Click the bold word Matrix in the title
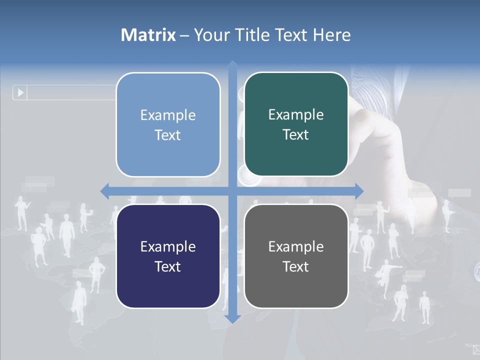[148, 35]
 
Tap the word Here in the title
[331, 35]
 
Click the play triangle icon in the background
[20, 92]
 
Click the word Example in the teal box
[296, 115]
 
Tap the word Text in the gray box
[296, 267]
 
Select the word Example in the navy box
[168, 246]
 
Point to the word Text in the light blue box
[168, 135]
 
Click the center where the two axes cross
[233, 191]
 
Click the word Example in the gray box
[296, 246]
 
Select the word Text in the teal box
[296, 135]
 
